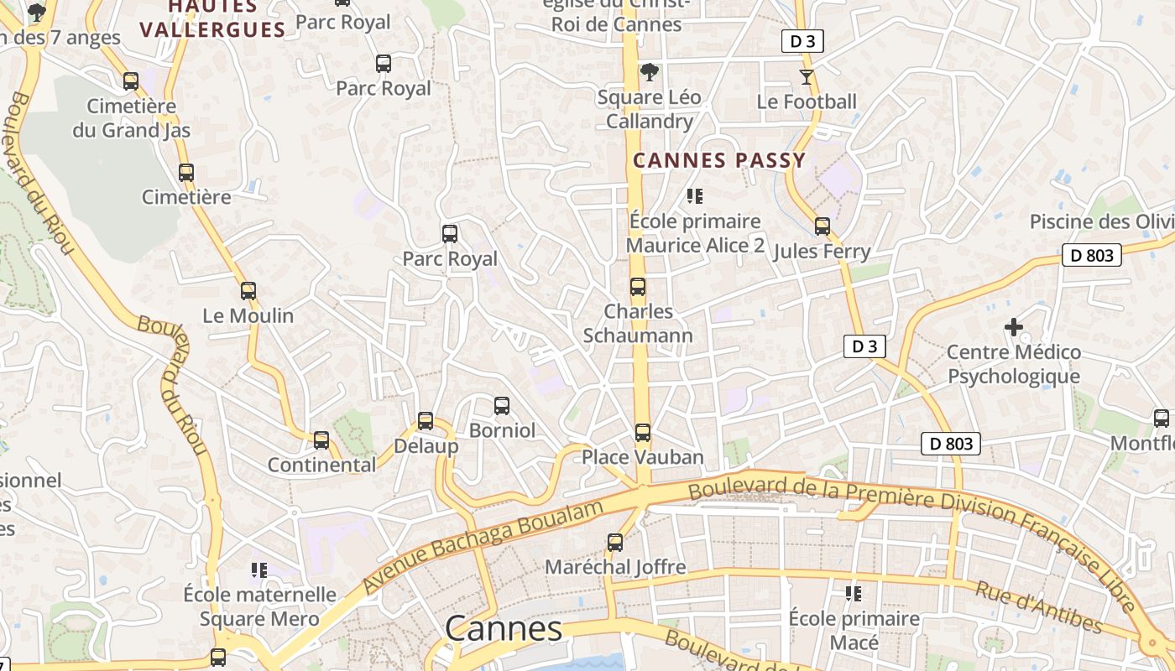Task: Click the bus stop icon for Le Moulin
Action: (248, 291)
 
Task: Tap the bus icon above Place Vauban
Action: (642, 433)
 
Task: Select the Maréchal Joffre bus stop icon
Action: (615, 543)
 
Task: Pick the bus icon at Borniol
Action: (502, 406)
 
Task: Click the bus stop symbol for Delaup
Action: (426, 421)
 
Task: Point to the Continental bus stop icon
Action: (321, 440)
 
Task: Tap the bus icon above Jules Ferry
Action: (822, 226)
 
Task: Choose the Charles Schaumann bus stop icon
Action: (638, 287)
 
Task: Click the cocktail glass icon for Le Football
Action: (807, 77)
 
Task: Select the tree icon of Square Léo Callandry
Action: (649, 73)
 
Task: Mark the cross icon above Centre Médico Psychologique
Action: (1014, 327)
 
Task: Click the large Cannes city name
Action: (504, 629)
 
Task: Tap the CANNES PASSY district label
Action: (718, 160)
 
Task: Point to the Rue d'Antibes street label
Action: (1038, 606)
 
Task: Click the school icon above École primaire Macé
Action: (854, 594)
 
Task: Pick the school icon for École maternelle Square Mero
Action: (259, 570)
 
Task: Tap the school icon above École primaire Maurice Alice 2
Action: (694, 196)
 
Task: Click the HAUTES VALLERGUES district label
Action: (212, 18)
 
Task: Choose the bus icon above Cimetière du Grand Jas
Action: (131, 81)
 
